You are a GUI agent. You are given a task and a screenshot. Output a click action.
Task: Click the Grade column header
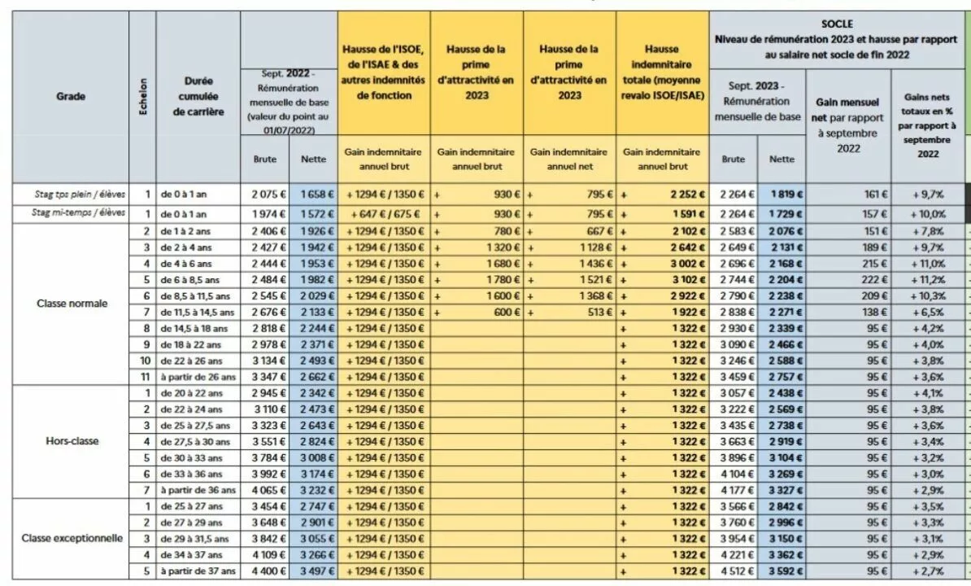point(71,96)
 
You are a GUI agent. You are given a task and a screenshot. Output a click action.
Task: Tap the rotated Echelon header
point(143,96)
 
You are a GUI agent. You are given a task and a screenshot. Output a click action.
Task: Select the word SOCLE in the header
point(837,24)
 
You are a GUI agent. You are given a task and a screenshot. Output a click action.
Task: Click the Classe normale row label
point(72,304)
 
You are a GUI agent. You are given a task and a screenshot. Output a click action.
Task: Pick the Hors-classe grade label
point(72,441)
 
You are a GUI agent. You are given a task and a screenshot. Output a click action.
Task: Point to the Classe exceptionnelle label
point(72,538)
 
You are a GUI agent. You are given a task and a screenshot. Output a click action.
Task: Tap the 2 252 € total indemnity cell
point(687,194)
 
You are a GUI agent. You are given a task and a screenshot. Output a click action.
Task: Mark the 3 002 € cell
point(687,263)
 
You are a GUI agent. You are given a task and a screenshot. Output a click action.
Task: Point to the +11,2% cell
point(928,279)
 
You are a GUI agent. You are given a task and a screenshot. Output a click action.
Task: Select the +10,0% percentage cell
point(928,214)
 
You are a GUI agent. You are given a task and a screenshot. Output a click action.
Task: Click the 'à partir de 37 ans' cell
point(198,571)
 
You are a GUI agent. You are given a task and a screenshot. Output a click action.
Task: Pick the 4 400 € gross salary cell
point(268,571)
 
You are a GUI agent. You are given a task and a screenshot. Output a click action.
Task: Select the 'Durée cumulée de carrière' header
point(198,96)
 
